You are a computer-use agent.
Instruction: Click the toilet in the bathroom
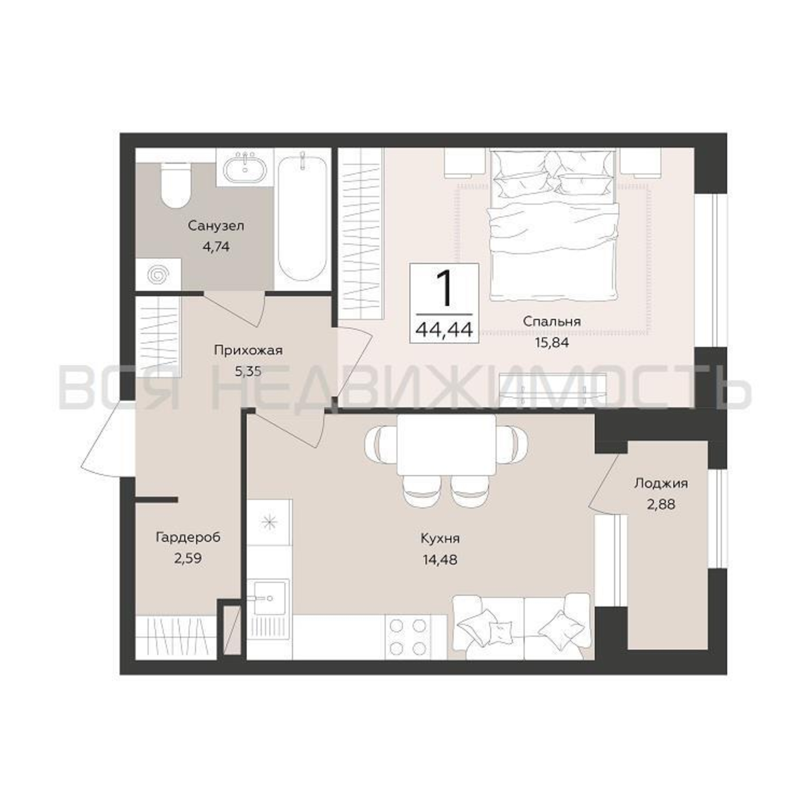[176, 185]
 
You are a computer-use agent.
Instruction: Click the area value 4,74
[216, 247]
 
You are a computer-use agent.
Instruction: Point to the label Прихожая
[248, 350]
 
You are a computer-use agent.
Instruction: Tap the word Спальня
[551, 321]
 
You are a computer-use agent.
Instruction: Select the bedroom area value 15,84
[551, 343]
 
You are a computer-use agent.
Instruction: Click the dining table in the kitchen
[446, 444]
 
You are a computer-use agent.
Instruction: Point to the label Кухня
[440, 538]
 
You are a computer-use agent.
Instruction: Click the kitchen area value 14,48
[440, 560]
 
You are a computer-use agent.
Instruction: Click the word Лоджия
[661, 484]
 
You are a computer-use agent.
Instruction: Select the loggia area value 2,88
[661, 505]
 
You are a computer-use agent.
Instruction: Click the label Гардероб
[188, 537]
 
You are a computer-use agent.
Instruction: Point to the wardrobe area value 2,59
[188, 559]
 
